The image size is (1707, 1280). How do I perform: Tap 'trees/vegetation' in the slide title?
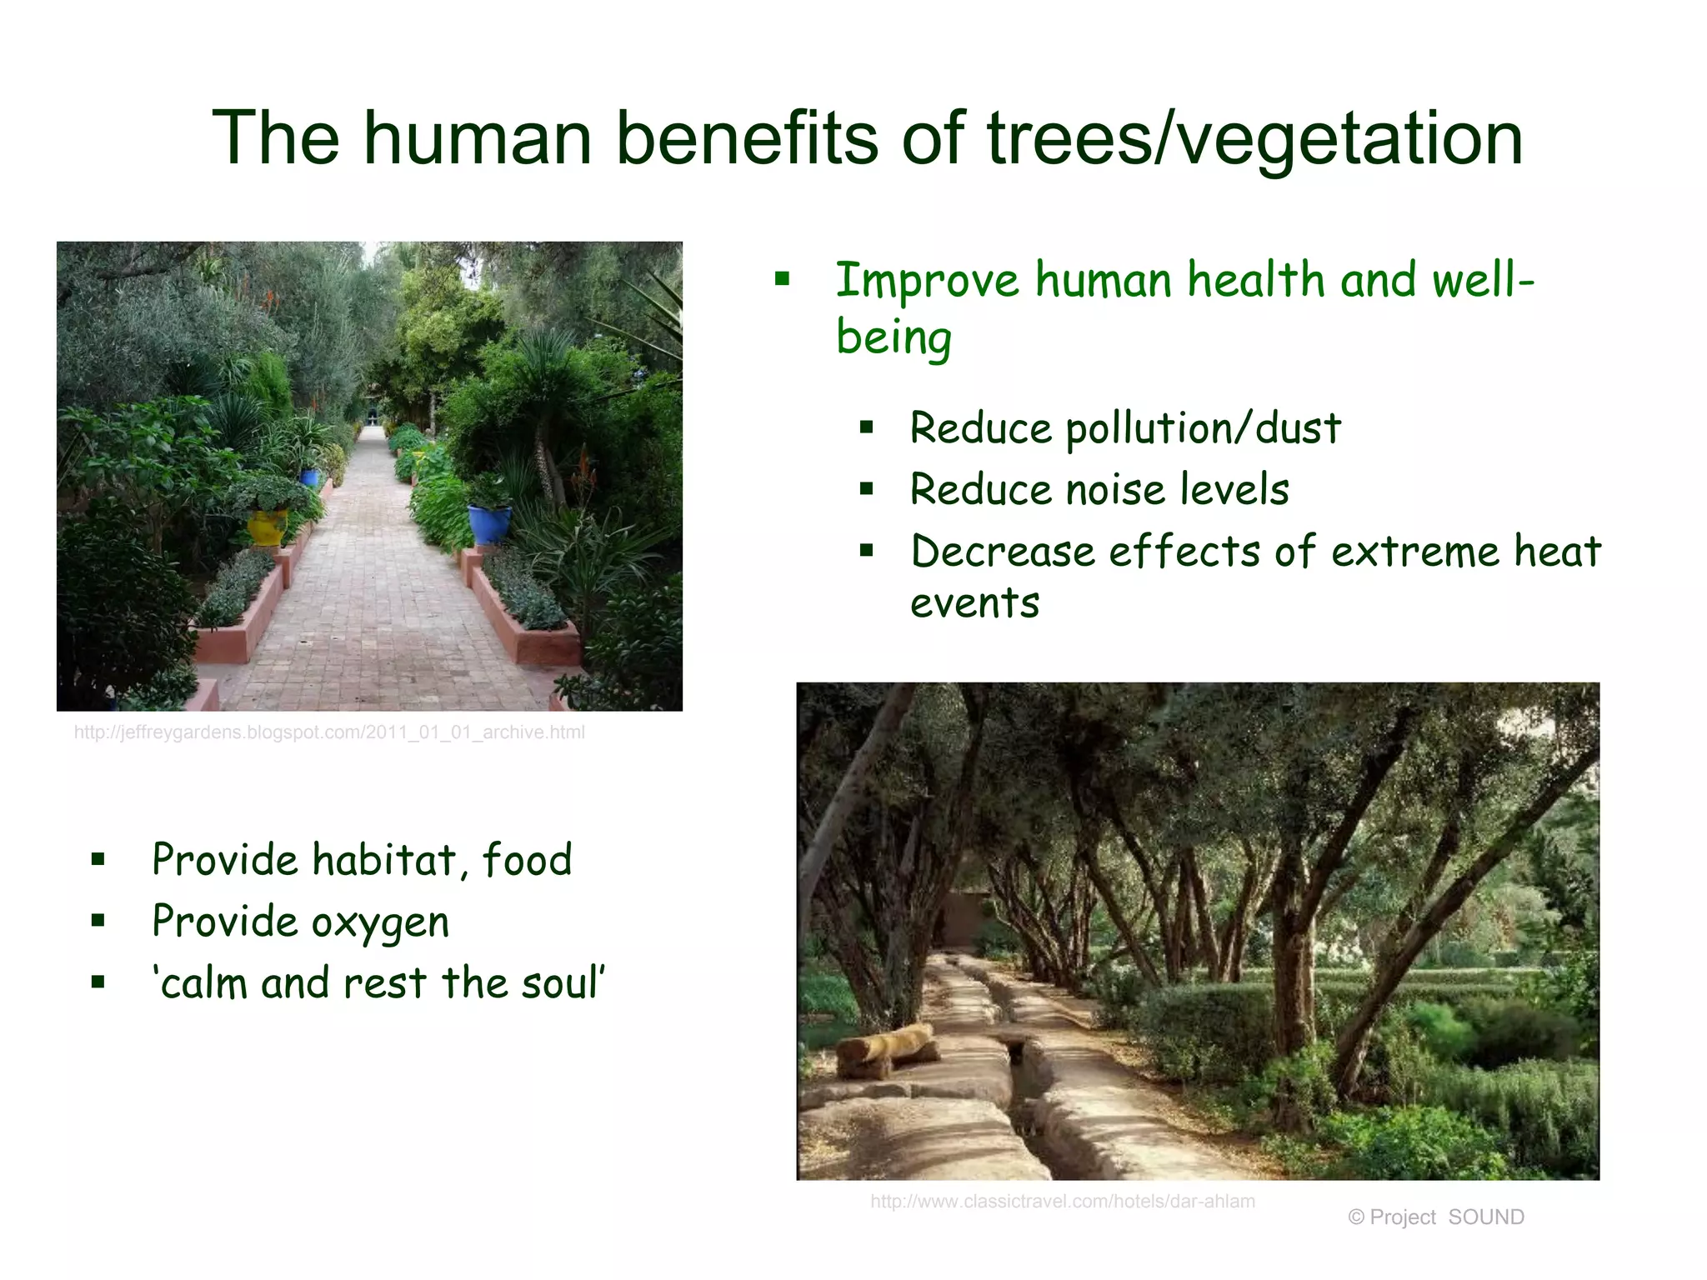[1254, 137]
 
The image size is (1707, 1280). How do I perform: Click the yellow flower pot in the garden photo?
[268, 527]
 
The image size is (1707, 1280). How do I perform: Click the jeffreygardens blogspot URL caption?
[329, 732]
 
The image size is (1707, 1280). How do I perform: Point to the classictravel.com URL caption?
[1062, 1201]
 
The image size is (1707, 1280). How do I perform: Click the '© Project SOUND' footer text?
[1435, 1217]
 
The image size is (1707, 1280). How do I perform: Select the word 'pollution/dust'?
[1203, 429]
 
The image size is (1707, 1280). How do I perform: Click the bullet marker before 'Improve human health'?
[781, 279]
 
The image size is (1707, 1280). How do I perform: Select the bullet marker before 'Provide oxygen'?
[98, 921]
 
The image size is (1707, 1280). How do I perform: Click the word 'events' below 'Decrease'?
[974, 602]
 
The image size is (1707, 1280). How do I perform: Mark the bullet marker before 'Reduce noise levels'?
[867, 489]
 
